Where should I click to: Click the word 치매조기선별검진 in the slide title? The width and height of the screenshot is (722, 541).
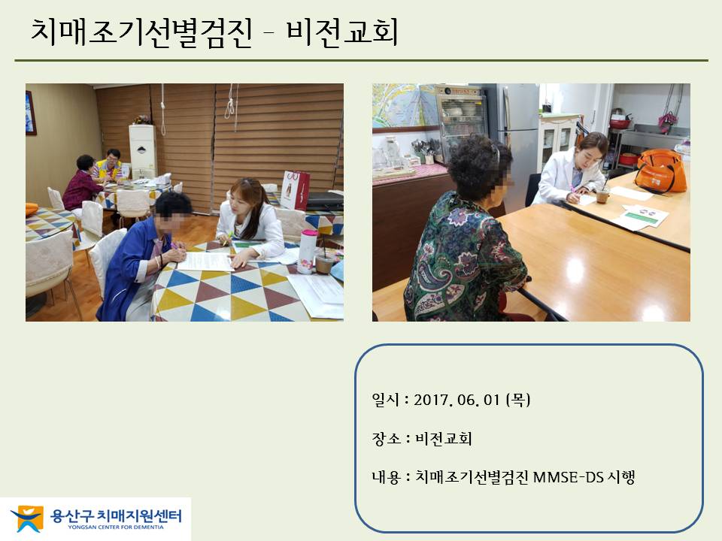[x=141, y=32]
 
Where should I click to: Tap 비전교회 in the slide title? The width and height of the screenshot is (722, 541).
[x=342, y=32]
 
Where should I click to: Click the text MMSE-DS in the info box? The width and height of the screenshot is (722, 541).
[x=568, y=477]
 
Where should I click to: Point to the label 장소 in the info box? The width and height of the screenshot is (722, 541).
[x=386, y=438]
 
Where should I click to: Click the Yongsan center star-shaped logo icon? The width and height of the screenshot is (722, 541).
[x=28, y=518]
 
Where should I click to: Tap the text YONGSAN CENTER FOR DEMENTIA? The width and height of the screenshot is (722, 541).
[x=116, y=527]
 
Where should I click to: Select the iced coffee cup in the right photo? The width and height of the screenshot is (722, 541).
[x=602, y=193]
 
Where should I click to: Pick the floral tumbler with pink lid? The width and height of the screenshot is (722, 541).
[x=308, y=252]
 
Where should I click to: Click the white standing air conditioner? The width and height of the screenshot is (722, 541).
[x=143, y=151]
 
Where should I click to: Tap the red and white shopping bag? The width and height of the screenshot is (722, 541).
[x=294, y=189]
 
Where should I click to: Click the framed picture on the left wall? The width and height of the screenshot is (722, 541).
[x=30, y=113]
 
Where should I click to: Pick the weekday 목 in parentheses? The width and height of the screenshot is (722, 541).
[x=518, y=400]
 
